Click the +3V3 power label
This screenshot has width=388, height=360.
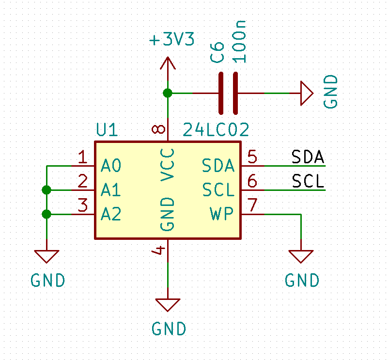[x=172, y=39]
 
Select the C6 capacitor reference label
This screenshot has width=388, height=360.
[x=217, y=52]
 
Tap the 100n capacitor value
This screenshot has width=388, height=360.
[x=239, y=42]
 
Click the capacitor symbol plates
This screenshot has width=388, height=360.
[x=228, y=94]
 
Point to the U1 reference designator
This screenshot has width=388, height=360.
[x=107, y=129]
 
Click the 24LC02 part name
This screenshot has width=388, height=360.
[x=216, y=130]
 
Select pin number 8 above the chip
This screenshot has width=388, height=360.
[x=158, y=129]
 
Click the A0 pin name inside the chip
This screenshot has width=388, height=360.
[x=111, y=166]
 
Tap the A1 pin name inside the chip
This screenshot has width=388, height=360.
[x=111, y=190]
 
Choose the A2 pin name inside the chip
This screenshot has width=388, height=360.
[x=111, y=214]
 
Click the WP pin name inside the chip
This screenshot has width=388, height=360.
[x=221, y=214]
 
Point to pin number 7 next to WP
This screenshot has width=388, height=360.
[x=253, y=205]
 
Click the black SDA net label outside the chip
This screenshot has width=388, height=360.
[x=308, y=157]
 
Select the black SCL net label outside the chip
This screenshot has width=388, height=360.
[x=308, y=181]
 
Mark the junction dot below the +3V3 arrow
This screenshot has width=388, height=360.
[x=168, y=93]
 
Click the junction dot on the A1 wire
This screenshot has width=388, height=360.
[x=47, y=190]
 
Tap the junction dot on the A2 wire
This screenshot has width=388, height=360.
[x=47, y=214]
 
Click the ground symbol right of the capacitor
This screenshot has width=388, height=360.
[x=307, y=94]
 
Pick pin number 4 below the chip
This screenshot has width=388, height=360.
[x=158, y=250]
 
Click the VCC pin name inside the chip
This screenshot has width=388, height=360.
[x=168, y=165]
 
